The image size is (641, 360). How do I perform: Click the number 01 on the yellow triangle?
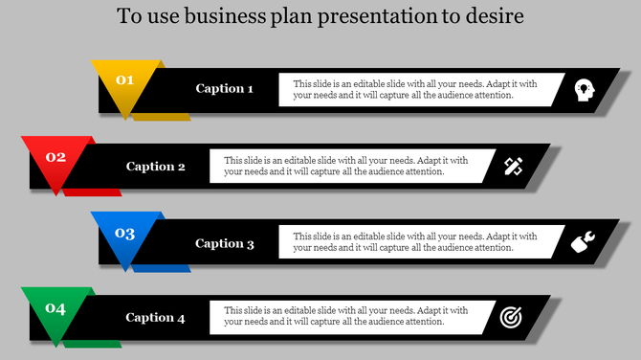(x=125, y=80)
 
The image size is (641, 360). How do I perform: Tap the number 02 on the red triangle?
(x=55, y=157)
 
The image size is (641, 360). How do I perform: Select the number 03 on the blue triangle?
(x=125, y=234)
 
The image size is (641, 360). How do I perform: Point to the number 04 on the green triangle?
(x=55, y=308)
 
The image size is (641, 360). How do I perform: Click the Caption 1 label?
(x=225, y=89)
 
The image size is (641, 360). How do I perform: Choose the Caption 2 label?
(x=156, y=167)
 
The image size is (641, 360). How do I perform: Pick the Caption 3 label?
(x=225, y=243)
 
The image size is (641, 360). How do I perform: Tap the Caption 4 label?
(x=155, y=318)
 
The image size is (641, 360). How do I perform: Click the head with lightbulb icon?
(x=582, y=89)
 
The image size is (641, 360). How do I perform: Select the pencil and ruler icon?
(x=513, y=167)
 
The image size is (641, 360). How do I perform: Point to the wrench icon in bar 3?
(x=582, y=243)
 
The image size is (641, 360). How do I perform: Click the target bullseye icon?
(x=512, y=317)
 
